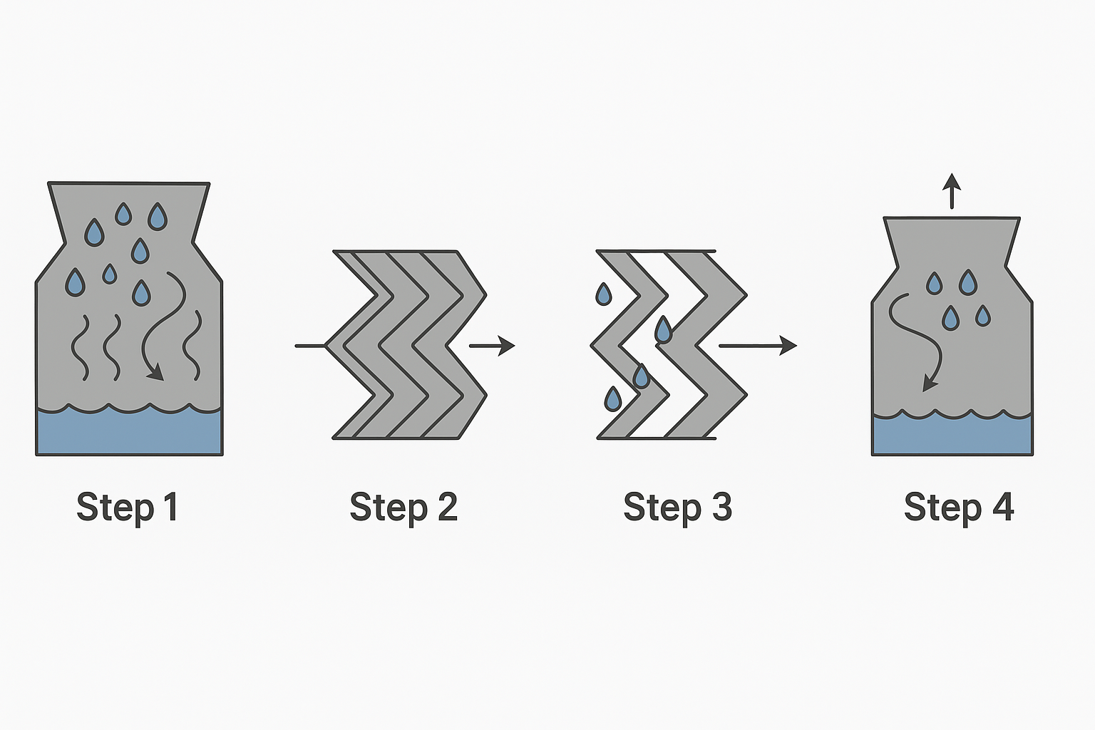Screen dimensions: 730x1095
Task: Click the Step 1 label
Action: coord(127,508)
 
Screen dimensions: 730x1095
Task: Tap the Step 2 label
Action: coord(403,508)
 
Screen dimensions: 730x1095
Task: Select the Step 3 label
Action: coord(677,508)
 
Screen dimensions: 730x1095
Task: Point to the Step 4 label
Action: coord(958,508)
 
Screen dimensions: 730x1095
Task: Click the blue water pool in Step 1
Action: coord(129,432)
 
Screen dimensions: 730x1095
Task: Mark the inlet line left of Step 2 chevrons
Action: coord(310,346)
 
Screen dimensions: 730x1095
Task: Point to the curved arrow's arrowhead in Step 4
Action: coord(928,384)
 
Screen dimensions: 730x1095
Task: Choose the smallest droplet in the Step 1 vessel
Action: coord(109,274)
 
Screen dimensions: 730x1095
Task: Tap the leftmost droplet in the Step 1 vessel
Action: coord(75,282)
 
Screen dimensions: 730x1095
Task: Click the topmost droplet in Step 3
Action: coord(603,294)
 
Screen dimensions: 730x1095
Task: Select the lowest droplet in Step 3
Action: coord(612,399)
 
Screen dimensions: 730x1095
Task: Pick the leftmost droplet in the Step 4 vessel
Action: coord(934,284)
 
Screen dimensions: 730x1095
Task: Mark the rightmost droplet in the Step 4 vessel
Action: coord(983,315)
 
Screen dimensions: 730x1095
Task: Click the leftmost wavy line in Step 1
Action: coord(80,346)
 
